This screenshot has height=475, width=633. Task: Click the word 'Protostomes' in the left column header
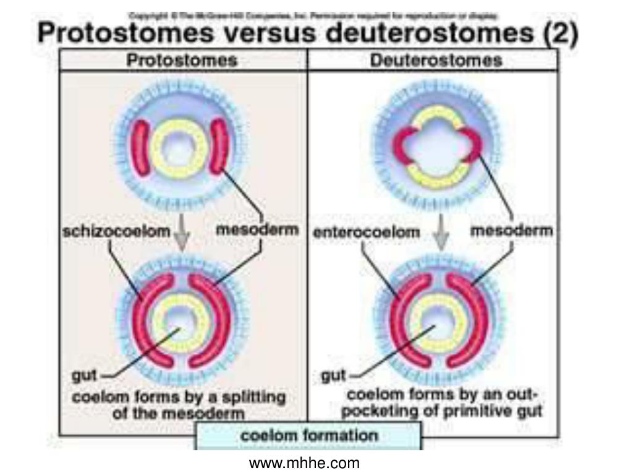pos(182,60)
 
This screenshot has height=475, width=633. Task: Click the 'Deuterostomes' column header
pos(436,60)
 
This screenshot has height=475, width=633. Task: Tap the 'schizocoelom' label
pos(116,232)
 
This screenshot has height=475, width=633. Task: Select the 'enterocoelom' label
pos(367,233)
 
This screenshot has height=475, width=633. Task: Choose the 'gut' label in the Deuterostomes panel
pos(334,375)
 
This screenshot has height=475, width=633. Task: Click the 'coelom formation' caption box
pos(308,435)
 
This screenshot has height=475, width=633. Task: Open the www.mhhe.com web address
pos(304,463)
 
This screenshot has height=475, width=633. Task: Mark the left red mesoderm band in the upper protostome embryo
pos(142,147)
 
